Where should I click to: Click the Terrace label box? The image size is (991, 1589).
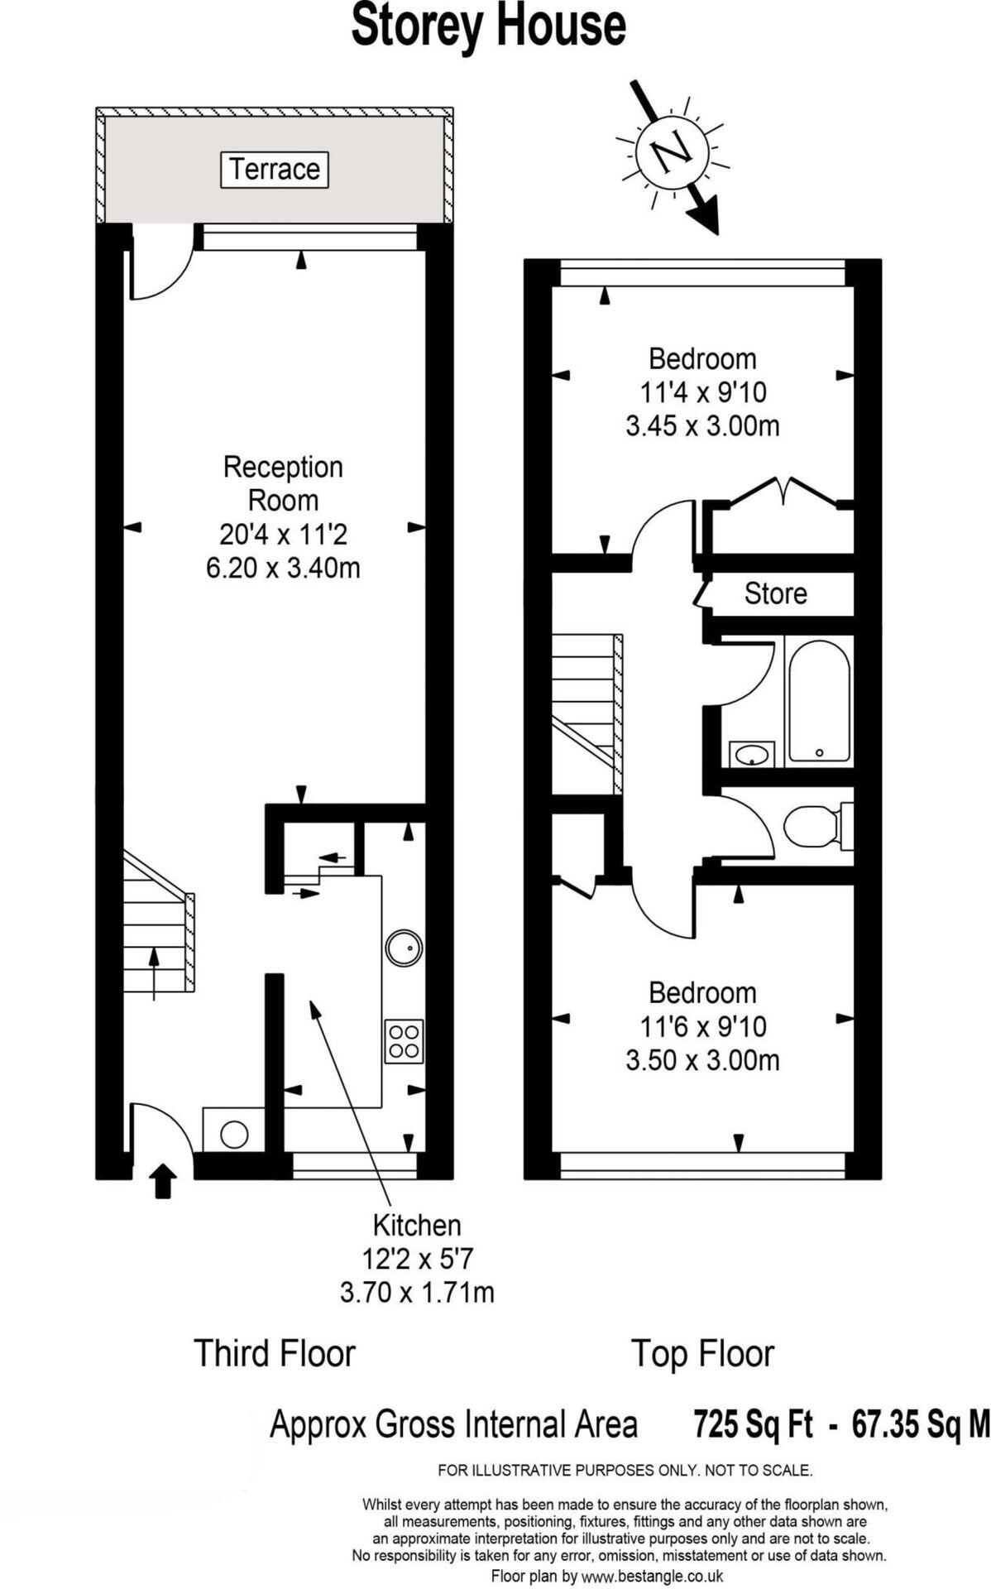275,169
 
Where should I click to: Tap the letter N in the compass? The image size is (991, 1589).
671,152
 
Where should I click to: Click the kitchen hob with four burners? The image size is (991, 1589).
404,1041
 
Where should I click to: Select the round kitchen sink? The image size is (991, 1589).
404,948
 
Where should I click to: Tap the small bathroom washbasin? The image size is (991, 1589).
751,754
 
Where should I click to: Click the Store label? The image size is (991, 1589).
775,593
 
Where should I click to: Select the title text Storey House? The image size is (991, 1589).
488,26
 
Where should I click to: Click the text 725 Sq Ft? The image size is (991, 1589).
753,1425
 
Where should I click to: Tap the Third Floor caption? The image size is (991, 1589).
274,1354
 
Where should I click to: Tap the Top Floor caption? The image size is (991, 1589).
702,1354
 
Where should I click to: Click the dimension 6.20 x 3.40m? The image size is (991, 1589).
283,569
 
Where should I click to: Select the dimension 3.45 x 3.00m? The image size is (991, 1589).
702,426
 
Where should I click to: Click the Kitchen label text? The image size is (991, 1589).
417,1225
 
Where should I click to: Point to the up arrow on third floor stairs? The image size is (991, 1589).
154,972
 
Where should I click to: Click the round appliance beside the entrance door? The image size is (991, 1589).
234,1134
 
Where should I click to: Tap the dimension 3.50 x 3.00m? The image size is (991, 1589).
702,1060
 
